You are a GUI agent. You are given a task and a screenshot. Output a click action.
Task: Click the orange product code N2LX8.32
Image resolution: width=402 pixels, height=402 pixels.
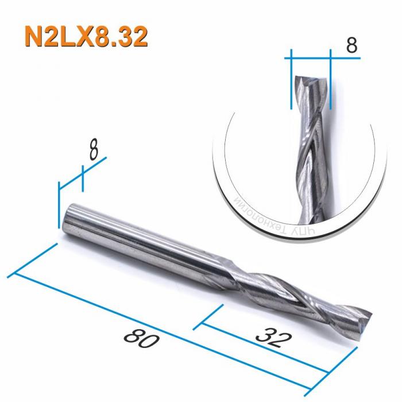[86, 37]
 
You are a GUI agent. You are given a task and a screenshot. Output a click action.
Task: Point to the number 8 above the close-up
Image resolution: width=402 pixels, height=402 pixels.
[351, 46]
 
